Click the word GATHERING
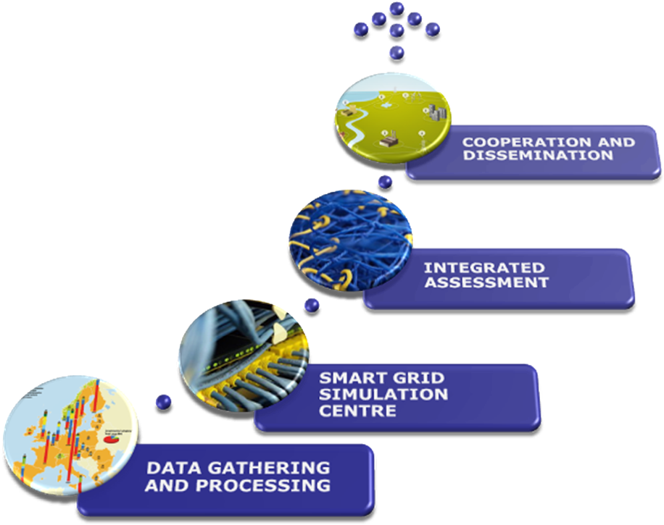(x=270, y=468)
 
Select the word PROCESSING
(x=263, y=485)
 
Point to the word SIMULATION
(x=383, y=394)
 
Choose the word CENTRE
(x=357, y=411)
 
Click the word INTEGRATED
(x=484, y=268)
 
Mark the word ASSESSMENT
(x=486, y=282)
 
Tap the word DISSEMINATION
(x=538, y=155)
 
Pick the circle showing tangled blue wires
(x=351, y=244)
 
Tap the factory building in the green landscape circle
(x=389, y=139)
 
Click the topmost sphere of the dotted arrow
(x=397, y=9)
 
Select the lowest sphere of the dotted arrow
(x=397, y=52)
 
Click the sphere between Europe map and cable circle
(x=163, y=402)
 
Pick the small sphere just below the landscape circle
(x=385, y=182)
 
